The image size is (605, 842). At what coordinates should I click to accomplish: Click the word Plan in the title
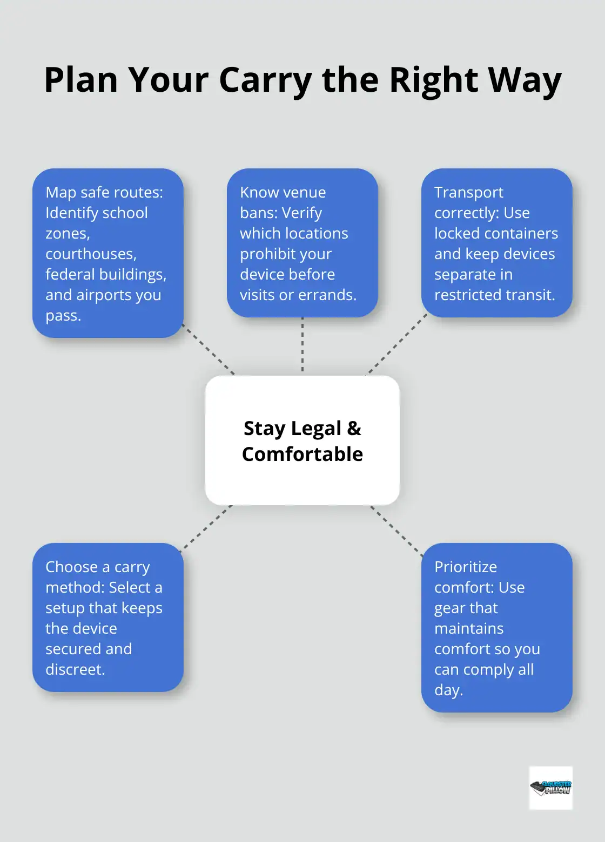(81, 80)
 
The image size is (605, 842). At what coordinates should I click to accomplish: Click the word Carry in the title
(265, 80)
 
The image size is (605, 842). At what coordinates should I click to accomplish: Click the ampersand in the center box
(354, 428)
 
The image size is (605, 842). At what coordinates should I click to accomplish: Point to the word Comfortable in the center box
(302, 454)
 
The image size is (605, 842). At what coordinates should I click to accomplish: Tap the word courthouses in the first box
(91, 254)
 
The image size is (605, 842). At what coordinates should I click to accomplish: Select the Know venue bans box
(302, 243)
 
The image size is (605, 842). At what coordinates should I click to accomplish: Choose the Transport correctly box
(497, 243)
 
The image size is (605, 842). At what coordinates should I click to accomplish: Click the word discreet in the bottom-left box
(75, 669)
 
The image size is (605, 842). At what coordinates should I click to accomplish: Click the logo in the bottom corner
(550, 787)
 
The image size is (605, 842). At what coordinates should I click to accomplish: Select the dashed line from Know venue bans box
(302, 345)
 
